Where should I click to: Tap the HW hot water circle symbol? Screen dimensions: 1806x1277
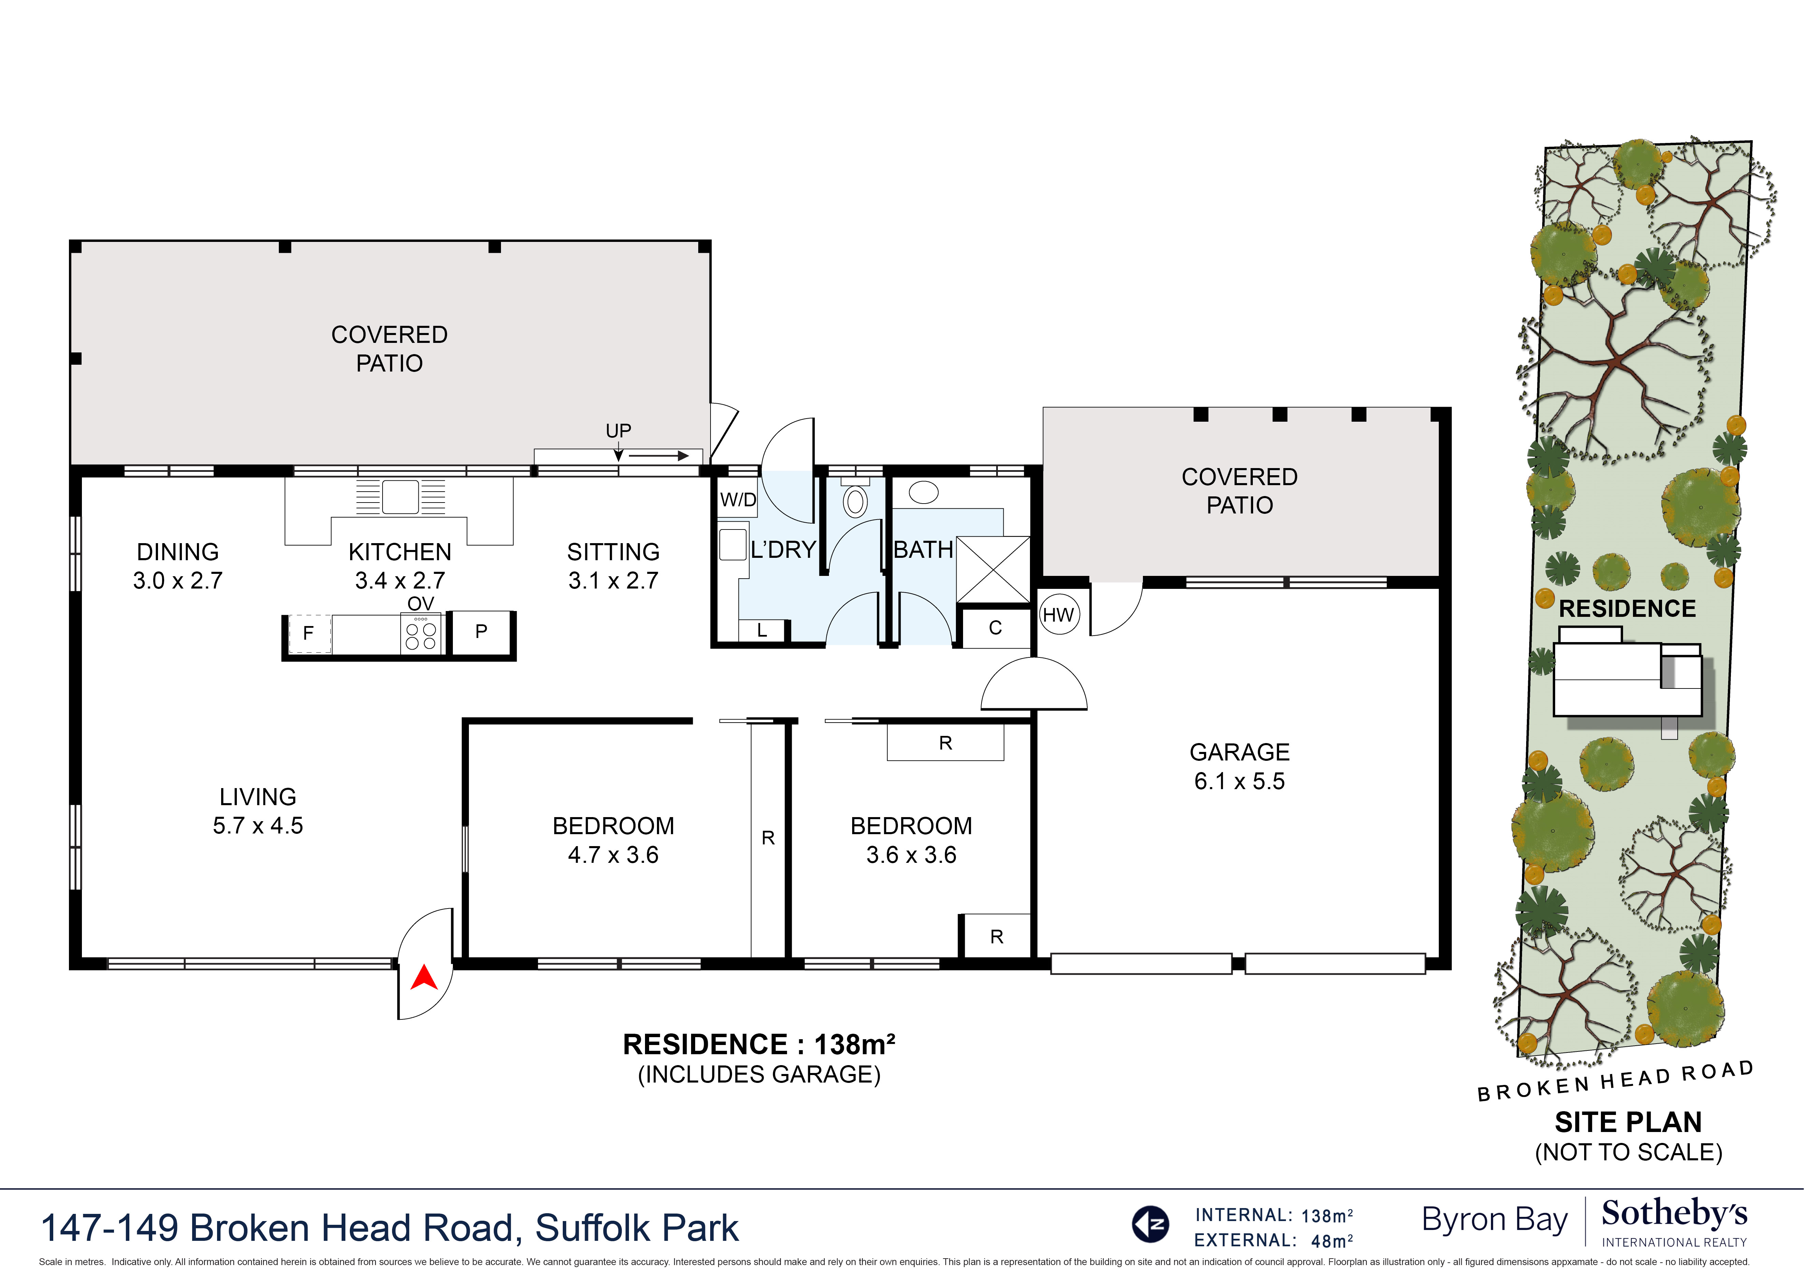pyautogui.click(x=1058, y=615)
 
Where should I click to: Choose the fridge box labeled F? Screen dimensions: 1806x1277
pyautogui.click(x=309, y=633)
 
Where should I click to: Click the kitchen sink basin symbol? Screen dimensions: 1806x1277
pyautogui.click(x=400, y=497)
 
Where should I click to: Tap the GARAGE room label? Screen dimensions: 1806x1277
pyautogui.click(x=1239, y=753)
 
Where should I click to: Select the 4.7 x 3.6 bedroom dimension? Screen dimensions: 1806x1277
pyautogui.click(x=614, y=855)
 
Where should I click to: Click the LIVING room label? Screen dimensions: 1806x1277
pyautogui.click(x=258, y=797)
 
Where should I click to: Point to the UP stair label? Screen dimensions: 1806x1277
pyautogui.click(x=618, y=431)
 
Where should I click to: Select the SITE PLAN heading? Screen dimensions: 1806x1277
pyautogui.click(x=1628, y=1121)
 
